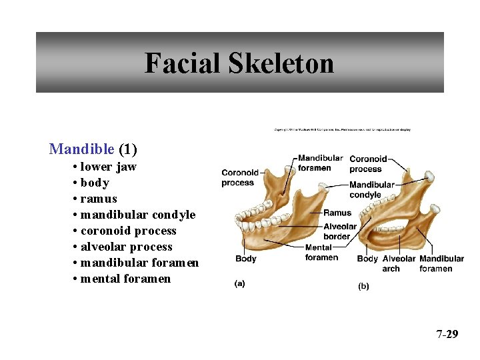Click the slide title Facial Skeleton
(239, 63)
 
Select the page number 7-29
(447, 334)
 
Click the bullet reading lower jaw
(108, 167)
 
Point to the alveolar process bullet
(127, 247)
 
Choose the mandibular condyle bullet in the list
(138, 215)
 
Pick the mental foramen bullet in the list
(125, 279)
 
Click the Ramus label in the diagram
(337, 213)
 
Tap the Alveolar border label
(340, 231)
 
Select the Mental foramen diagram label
(321, 253)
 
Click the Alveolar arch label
(399, 263)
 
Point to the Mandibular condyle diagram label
(372, 190)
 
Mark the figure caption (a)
(239, 283)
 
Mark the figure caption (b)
(364, 286)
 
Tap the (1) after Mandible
(127, 149)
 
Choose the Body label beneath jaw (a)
(245, 259)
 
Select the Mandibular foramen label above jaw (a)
(321, 163)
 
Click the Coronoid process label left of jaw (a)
(240, 177)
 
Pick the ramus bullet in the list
(99, 199)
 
